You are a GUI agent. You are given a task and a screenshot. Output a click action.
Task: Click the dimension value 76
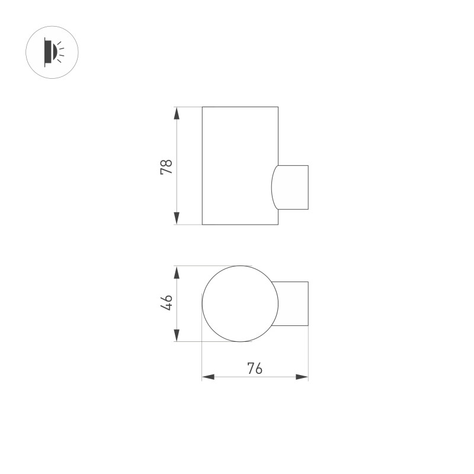point(255,369)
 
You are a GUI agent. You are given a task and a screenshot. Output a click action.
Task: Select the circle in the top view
point(240,303)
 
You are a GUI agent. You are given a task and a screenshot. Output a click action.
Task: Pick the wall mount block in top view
point(293,303)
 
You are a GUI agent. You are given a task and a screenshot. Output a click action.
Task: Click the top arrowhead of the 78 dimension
point(177,112)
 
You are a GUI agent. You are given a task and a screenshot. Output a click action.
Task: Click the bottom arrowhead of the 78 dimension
point(177,219)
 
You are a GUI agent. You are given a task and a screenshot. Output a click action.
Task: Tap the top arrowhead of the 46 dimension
point(177,271)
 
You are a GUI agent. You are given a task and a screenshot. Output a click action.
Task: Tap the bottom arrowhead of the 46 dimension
point(177,336)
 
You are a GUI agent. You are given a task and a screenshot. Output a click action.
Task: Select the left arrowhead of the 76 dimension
point(207,377)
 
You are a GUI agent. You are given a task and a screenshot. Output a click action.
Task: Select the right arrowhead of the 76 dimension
point(303,377)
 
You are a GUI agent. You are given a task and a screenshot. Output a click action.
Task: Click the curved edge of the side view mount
point(273,187)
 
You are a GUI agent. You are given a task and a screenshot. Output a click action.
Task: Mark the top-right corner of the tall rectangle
point(278,107)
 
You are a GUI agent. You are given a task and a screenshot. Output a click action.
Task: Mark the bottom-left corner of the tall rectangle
point(203,225)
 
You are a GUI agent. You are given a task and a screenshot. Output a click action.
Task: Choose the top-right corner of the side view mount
point(308,166)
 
